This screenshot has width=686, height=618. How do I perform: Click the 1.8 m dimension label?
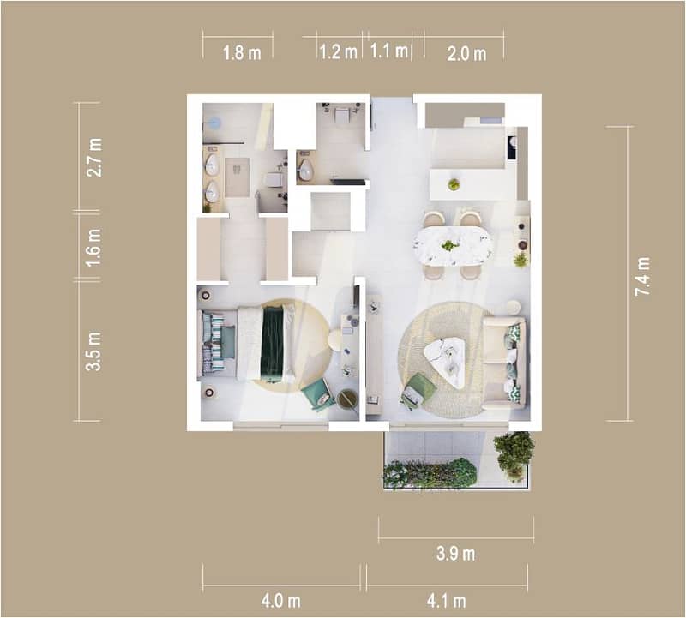[242, 53]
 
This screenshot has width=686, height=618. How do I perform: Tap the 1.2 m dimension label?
[338, 52]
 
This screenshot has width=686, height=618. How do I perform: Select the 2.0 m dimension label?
[466, 54]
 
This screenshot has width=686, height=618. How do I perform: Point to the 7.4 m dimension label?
[642, 276]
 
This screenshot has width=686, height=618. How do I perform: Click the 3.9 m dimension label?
[455, 554]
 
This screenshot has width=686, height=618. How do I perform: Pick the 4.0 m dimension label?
[281, 601]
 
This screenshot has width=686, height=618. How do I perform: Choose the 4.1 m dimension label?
[446, 601]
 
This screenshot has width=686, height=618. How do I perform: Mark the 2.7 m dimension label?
[94, 158]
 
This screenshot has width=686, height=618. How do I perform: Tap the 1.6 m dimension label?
[93, 248]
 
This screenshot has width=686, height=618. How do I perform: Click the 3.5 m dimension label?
[93, 351]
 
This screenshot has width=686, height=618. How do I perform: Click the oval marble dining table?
[453, 246]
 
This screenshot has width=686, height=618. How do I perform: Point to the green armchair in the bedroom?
[317, 394]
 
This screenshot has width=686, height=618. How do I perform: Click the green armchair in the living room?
[418, 391]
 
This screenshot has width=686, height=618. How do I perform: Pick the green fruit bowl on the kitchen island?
[454, 184]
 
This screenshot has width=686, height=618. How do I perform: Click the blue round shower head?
[214, 122]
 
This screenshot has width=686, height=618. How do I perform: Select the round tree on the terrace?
[514, 456]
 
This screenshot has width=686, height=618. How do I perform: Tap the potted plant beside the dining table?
[521, 260]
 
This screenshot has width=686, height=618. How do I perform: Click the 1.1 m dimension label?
[389, 51]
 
